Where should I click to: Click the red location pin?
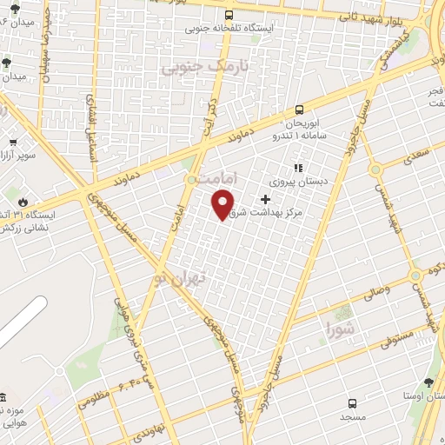(x=223, y=203)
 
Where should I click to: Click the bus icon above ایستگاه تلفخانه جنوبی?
(x=229, y=15)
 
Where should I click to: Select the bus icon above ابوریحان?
(x=299, y=110)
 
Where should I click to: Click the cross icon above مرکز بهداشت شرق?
(x=265, y=199)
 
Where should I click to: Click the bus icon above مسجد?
(x=352, y=403)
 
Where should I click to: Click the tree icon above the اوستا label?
(x=428, y=382)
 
